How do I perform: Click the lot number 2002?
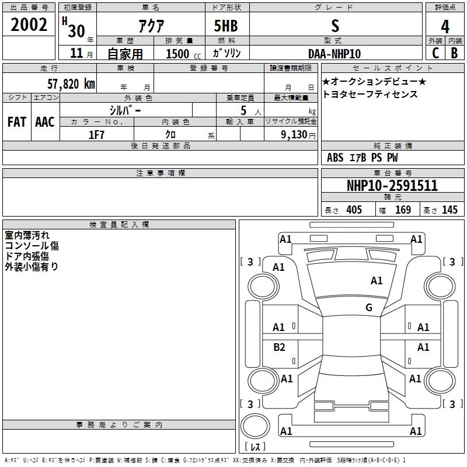(x=30, y=25)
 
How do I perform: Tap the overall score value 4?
(x=445, y=26)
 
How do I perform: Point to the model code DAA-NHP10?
(x=334, y=54)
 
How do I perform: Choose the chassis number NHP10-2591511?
(x=392, y=186)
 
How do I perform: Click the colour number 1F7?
(x=96, y=134)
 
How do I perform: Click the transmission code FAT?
(x=16, y=122)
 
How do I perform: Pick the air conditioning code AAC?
(x=44, y=122)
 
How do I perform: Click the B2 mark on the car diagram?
(x=280, y=347)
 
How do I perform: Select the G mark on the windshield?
(x=368, y=308)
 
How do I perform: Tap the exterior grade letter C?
(x=435, y=53)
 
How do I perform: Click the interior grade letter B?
(x=454, y=53)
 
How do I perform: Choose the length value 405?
(x=354, y=210)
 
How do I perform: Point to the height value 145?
(x=449, y=210)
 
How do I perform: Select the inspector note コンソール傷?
(x=32, y=246)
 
